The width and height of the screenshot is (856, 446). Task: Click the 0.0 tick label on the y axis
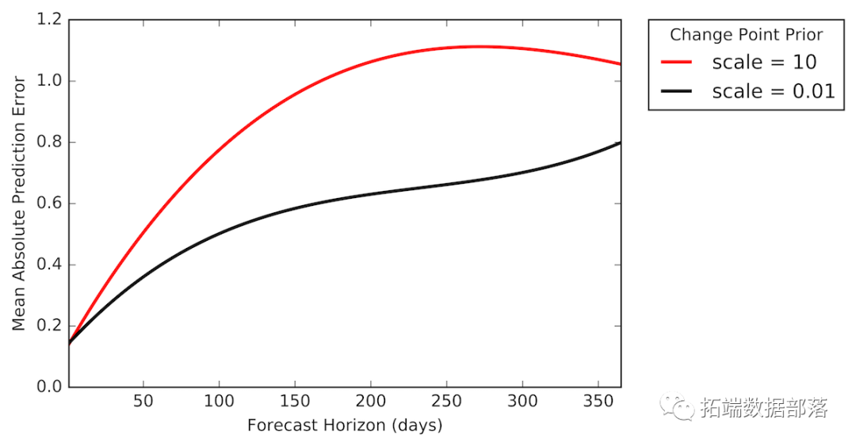pyautogui.click(x=49, y=387)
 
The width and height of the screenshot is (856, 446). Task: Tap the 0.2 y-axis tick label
pyautogui.click(x=49, y=326)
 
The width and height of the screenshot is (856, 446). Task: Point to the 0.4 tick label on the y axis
pyautogui.click(x=49, y=265)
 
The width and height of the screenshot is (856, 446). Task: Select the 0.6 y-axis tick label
pyautogui.click(x=49, y=204)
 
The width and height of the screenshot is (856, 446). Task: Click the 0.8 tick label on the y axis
pyautogui.click(x=49, y=143)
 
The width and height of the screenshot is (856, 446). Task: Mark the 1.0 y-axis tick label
pyautogui.click(x=49, y=81)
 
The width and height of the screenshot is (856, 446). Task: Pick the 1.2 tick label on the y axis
pyautogui.click(x=49, y=20)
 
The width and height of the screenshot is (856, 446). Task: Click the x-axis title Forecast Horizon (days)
pyautogui.click(x=345, y=425)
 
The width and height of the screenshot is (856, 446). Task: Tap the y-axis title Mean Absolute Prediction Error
pyautogui.click(x=19, y=204)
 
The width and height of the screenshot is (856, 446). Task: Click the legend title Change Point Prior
pyautogui.click(x=746, y=35)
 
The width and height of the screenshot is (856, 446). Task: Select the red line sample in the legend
pyautogui.click(x=677, y=62)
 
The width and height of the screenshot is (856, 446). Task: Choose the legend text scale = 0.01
pyautogui.click(x=773, y=91)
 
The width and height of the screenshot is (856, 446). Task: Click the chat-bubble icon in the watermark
pyautogui.click(x=679, y=408)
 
